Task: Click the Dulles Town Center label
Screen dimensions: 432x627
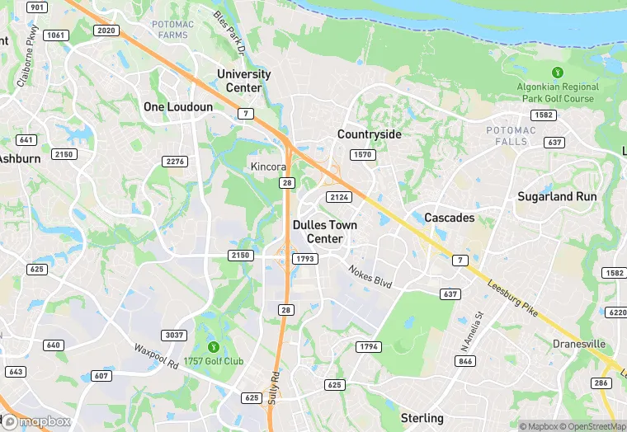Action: coord(325,232)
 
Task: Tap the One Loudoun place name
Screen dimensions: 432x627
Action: coord(178,107)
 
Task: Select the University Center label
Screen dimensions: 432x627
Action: coord(244,81)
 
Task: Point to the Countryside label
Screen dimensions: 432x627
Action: coord(370,134)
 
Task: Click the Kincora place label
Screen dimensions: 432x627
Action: coord(268,167)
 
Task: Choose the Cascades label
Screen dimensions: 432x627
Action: coord(450,218)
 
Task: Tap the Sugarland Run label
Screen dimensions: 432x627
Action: coord(557,196)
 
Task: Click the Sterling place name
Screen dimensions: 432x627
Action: coord(422,418)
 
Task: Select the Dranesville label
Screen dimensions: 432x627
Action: coord(579,344)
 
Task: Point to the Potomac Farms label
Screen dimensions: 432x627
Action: coord(173,31)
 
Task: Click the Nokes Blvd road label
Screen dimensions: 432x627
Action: coord(369,277)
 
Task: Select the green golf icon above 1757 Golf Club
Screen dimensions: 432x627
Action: coord(214,346)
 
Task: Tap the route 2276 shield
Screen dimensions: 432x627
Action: coord(174,162)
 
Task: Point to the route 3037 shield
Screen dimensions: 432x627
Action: coord(174,335)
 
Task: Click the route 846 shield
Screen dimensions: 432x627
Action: coord(465,361)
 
